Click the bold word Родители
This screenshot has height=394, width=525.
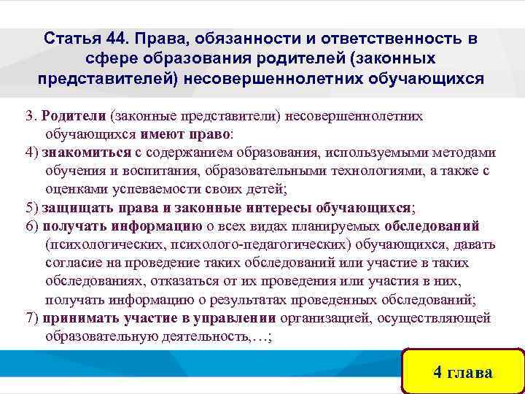click(x=75, y=115)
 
